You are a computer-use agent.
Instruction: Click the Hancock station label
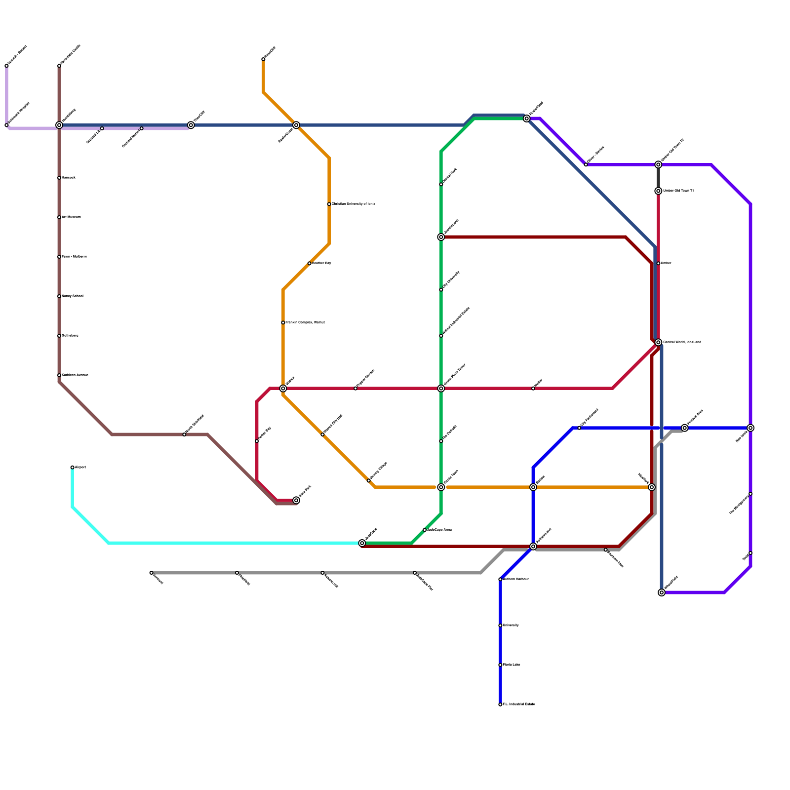click(x=69, y=178)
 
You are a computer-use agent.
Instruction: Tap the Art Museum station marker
click(x=59, y=217)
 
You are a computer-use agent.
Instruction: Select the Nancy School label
click(x=73, y=296)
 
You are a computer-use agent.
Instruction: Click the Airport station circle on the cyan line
click(x=73, y=467)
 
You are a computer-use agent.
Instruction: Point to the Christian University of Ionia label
click(x=354, y=204)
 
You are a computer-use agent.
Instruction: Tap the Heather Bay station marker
click(x=310, y=263)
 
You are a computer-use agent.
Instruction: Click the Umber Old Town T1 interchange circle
click(x=658, y=191)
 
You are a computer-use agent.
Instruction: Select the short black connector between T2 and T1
click(x=658, y=178)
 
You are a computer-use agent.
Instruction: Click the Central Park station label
click(x=450, y=176)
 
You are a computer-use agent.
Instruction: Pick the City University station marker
click(x=441, y=290)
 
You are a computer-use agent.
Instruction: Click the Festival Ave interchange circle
click(x=684, y=428)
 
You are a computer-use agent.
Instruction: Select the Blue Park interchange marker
click(x=296, y=500)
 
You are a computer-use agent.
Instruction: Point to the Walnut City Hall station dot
click(x=322, y=434)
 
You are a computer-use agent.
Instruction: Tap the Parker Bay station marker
click(x=257, y=441)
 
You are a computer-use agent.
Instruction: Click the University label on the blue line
click(x=511, y=626)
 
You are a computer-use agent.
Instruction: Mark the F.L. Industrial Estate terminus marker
click(x=500, y=705)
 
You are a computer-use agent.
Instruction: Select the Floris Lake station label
click(x=512, y=665)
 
